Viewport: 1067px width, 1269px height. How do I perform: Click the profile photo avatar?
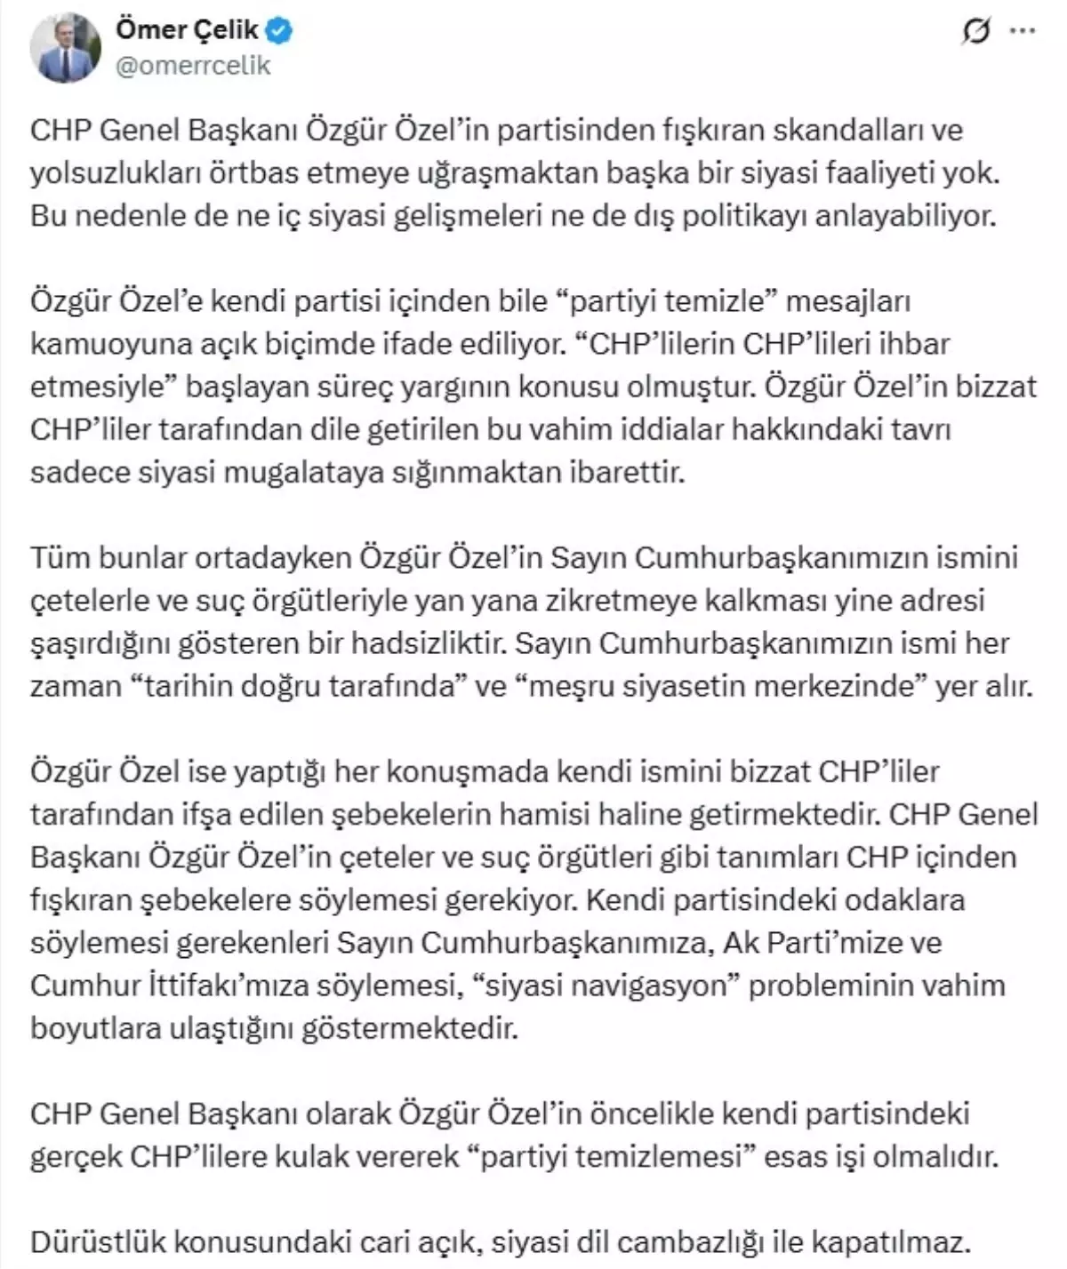66,48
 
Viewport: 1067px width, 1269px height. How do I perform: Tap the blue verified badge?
281,31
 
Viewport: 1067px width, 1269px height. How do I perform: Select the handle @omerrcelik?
193,65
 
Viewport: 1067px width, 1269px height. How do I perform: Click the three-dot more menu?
1023,32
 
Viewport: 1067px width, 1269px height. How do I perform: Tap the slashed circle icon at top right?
976,33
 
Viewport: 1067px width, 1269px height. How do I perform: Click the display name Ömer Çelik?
187,31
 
